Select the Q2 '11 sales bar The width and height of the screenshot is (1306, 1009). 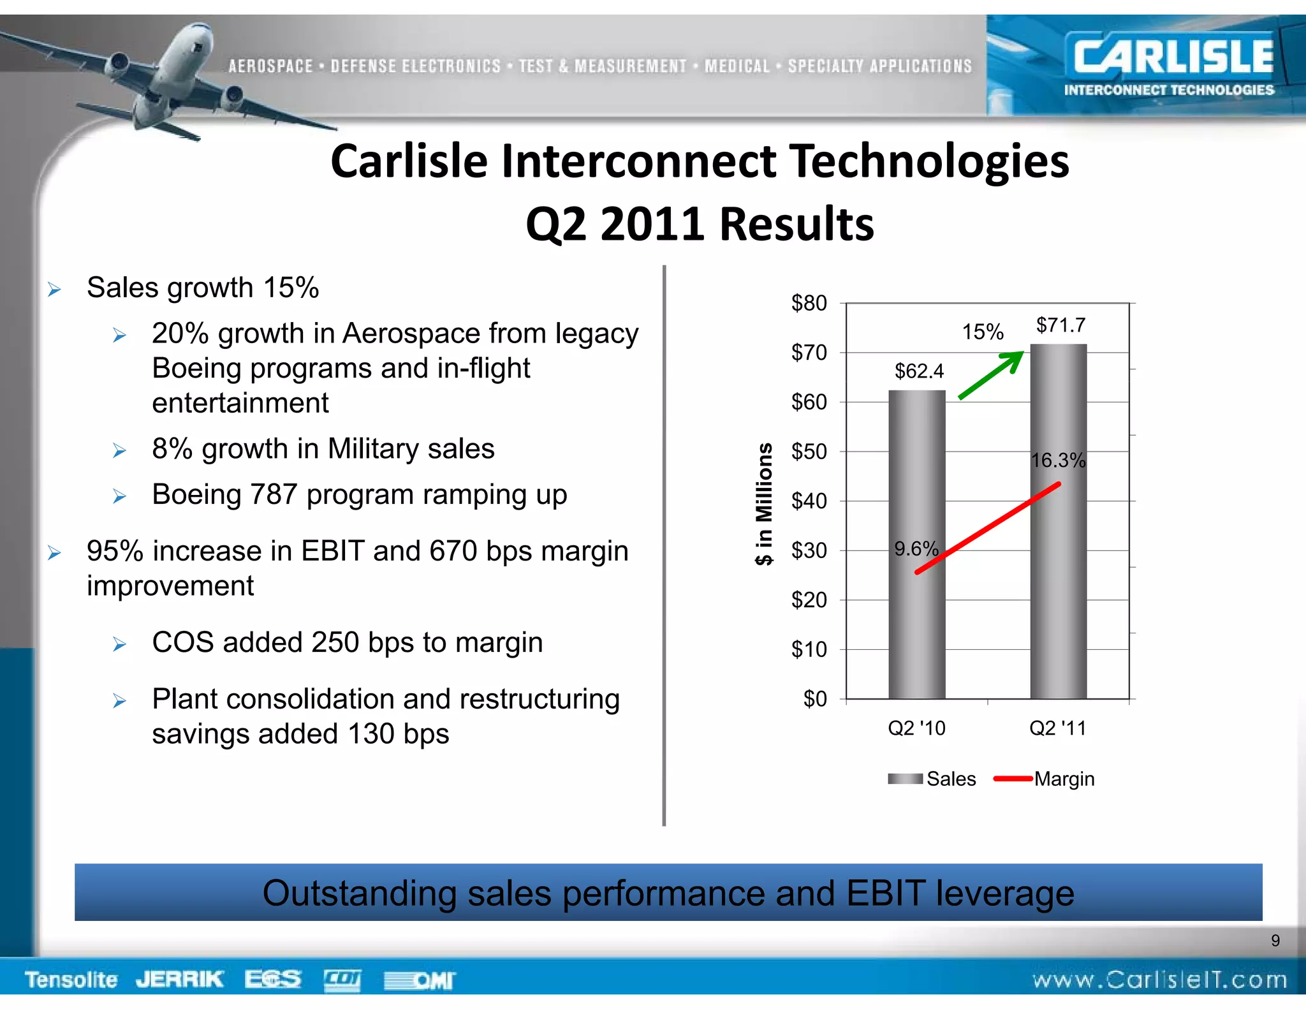(1058, 574)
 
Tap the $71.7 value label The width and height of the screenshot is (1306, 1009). (1060, 325)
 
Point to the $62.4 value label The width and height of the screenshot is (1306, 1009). (918, 371)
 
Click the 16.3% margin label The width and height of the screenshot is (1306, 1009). (1058, 460)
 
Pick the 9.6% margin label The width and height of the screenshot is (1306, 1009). (916, 549)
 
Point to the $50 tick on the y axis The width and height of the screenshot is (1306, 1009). (809, 452)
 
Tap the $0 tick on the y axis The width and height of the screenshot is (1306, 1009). (814, 699)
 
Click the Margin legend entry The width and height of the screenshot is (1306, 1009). (1063, 779)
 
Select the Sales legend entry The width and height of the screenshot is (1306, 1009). (950, 779)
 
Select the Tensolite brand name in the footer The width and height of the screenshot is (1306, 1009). (71, 979)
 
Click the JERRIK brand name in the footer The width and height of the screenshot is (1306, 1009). (179, 979)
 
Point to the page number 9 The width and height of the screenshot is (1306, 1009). (1275, 940)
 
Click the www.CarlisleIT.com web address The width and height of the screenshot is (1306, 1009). (1159, 980)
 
